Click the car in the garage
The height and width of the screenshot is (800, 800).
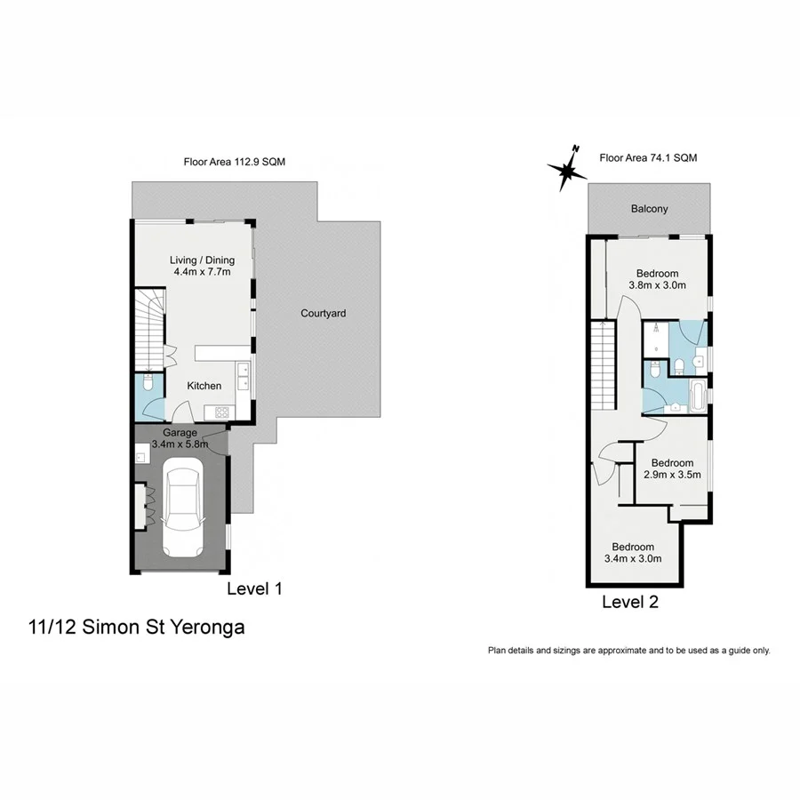pyautogui.click(x=182, y=508)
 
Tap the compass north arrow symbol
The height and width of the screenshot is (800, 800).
pyautogui.click(x=567, y=169)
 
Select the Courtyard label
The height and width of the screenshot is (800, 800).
pyautogui.click(x=323, y=313)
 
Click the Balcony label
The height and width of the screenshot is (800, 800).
pyautogui.click(x=649, y=209)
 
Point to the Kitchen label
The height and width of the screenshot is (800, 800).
pyautogui.click(x=204, y=386)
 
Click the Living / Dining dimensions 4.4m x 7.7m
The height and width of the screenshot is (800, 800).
pyautogui.click(x=202, y=271)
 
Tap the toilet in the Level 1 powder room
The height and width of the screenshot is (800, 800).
pyautogui.click(x=148, y=382)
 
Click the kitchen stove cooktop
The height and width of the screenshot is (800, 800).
pyautogui.click(x=222, y=412)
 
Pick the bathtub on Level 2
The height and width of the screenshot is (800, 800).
pyautogui.click(x=696, y=396)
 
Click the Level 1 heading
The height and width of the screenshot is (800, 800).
pyautogui.click(x=254, y=588)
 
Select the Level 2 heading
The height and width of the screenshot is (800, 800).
pyautogui.click(x=630, y=602)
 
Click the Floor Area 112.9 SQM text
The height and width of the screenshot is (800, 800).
pyautogui.click(x=234, y=162)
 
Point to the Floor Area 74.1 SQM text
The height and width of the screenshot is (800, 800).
pyautogui.click(x=648, y=157)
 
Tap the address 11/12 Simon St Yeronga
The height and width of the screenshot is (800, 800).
pyautogui.click(x=136, y=627)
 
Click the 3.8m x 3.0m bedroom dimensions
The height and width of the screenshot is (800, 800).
pyautogui.click(x=657, y=285)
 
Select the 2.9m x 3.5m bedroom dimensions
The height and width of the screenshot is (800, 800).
pyautogui.click(x=672, y=475)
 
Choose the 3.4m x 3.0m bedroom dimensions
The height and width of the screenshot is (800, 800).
pyautogui.click(x=633, y=559)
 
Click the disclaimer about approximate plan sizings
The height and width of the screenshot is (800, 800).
pyautogui.click(x=629, y=651)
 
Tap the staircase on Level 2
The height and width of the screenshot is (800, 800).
pyautogui.click(x=603, y=364)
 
